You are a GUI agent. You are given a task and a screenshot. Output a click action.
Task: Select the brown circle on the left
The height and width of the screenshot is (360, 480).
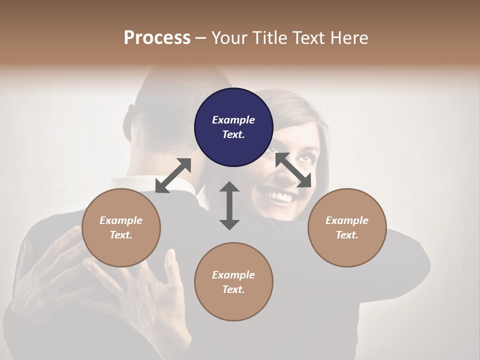pyautogui.click(x=121, y=227)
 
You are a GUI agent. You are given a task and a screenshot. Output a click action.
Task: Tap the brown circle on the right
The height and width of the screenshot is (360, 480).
pyautogui.click(x=346, y=227)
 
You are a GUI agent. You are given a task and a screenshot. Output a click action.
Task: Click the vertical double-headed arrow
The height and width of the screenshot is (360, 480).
pyautogui.click(x=229, y=205)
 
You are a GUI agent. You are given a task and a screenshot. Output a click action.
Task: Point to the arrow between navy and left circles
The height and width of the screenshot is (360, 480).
pyautogui.click(x=173, y=175)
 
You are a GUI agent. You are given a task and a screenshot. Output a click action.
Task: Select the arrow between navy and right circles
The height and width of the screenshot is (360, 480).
pyautogui.click(x=293, y=170)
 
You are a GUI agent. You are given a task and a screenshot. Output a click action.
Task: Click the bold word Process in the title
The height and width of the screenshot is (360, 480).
pyautogui.click(x=157, y=37)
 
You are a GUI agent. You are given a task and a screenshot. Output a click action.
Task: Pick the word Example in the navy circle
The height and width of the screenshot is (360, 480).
pyautogui.click(x=233, y=120)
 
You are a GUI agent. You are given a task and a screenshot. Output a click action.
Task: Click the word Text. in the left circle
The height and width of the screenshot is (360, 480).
pyautogui.click(x=121, y=235)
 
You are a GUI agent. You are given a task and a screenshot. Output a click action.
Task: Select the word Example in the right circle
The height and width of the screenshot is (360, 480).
pyautogui.click(x=346, y=220)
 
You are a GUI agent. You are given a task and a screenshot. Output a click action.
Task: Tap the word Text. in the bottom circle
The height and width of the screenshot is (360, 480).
pyautogui.click(x=233, y=289)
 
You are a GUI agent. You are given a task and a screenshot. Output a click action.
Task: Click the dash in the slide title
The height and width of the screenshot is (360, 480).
pyautogui.click(x=201, y=38)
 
